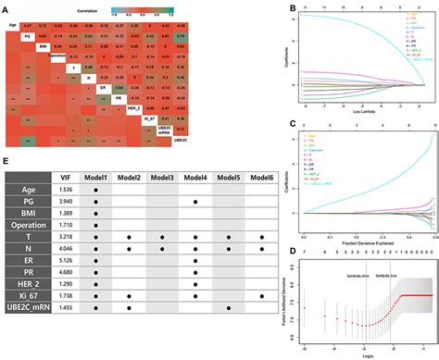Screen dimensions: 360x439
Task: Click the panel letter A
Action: [6, 7]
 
